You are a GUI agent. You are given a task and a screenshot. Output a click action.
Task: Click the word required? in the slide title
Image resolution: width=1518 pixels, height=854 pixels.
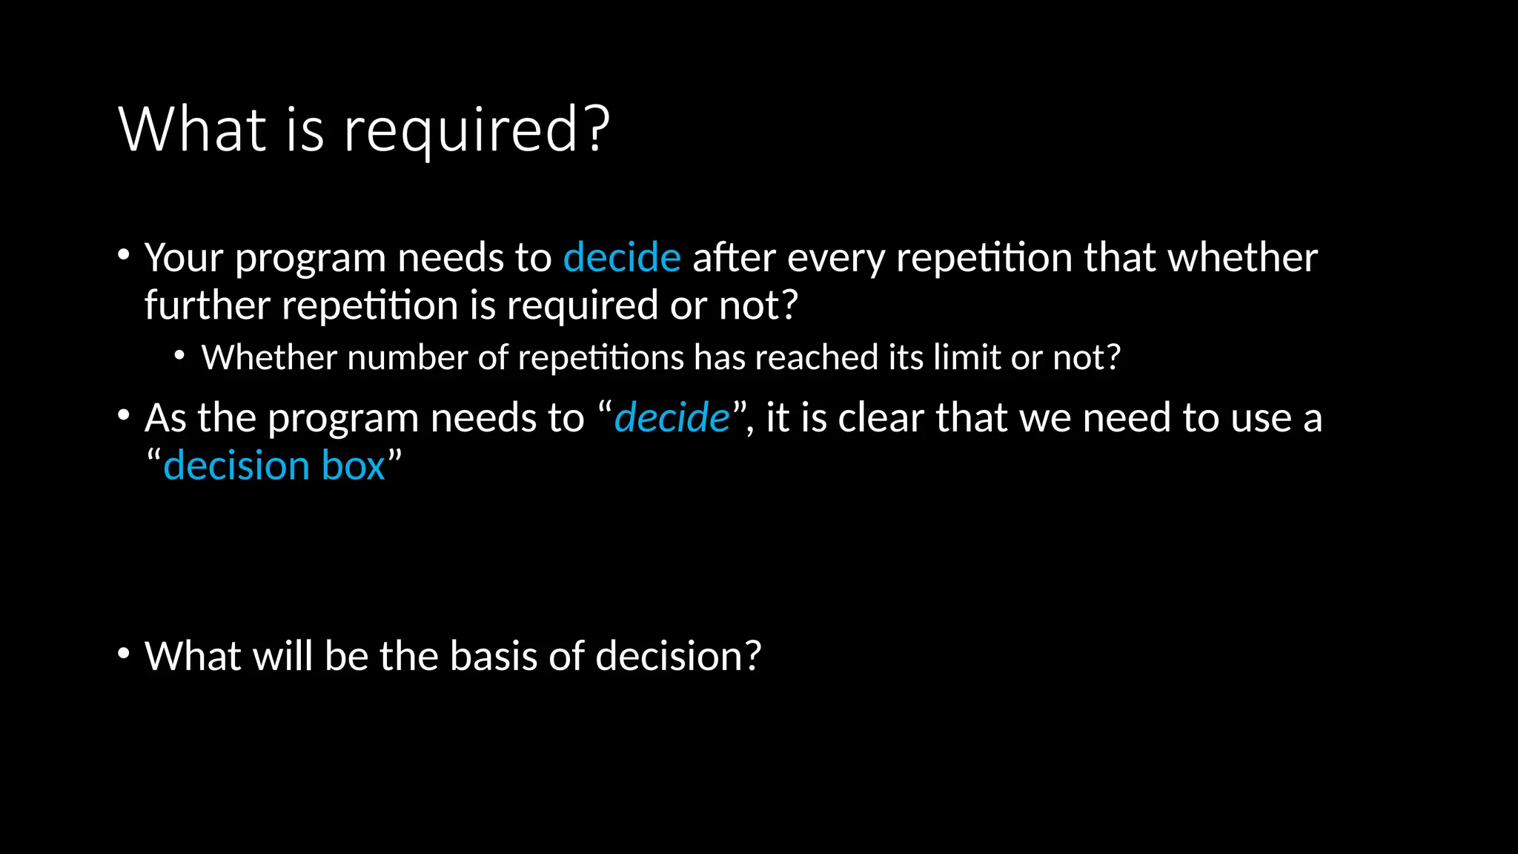[x=477, y=130]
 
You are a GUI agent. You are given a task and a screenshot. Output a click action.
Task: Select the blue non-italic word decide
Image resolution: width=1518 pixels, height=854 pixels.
[x=621, y=257]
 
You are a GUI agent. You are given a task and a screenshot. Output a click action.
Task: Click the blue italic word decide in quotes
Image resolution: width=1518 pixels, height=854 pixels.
[x=672, y=417]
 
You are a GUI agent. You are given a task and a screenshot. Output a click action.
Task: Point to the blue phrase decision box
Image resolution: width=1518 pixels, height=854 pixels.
[x=274, y=466]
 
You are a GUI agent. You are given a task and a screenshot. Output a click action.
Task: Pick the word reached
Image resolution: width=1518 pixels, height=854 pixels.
[x=818, y=357]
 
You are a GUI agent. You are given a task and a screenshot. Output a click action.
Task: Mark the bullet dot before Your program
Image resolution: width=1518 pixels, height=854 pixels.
[x=124, y=255]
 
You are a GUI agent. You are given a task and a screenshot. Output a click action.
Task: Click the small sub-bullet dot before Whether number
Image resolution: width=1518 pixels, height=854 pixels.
[x=179, y=356]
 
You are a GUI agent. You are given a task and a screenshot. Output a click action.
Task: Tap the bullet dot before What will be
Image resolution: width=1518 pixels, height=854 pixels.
[x=124, y=654]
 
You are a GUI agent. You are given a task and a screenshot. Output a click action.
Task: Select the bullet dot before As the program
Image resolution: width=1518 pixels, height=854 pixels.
[x=124, y=415]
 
